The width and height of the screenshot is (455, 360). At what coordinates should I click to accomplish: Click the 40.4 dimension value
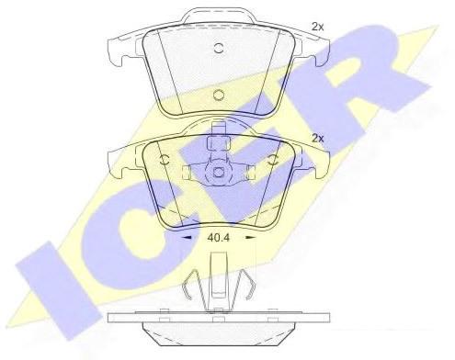[218, 238]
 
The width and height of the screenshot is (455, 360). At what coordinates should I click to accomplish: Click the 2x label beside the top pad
[317, 27]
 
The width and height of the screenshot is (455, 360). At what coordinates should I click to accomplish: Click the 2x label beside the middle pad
[317, 139]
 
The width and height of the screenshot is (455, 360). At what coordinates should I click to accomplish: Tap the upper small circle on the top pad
[219, 48]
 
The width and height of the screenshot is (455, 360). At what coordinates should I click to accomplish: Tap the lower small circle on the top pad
[219, 95]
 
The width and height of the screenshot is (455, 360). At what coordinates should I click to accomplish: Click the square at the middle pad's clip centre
[218, 173]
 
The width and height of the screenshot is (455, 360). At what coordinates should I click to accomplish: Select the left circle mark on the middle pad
[165, 160]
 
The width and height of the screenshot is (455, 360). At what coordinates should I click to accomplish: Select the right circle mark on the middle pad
[272, 160]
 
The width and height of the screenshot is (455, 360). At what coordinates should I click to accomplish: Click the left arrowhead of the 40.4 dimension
[187, 237]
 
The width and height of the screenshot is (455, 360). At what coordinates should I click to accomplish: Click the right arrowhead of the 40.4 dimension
[251, 237]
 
